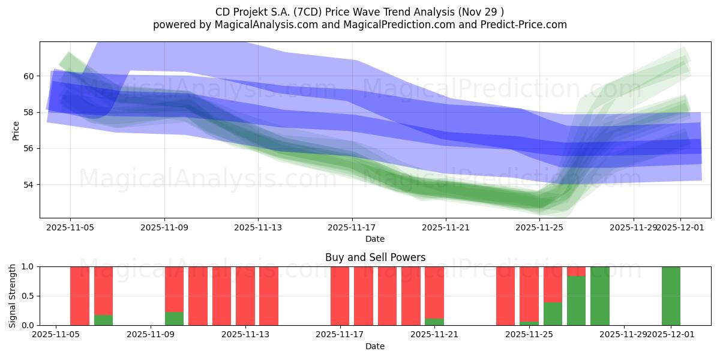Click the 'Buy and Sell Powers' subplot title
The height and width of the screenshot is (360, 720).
(x=375, y=257)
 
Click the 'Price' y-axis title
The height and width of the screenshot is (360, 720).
(x=16, y=130)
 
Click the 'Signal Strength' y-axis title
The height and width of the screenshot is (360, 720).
(x=13, y=296)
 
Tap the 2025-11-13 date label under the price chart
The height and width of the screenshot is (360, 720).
(x=258, y=227)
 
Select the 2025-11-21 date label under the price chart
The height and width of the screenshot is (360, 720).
(x=446, y=227)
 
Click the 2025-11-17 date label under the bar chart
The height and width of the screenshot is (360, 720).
(x=340, y=335)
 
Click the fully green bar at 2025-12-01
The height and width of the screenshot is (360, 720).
(x=671, y=296)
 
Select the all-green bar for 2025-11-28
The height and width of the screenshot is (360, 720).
(x=600, y=296)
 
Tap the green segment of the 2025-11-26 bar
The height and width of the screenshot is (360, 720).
(x=553, y=314)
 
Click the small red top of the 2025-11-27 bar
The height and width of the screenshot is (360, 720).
(x=576, y=271)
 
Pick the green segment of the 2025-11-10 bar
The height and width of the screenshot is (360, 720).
(x=174, y=319)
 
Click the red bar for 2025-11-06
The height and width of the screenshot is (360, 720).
(x=80, y=296)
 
